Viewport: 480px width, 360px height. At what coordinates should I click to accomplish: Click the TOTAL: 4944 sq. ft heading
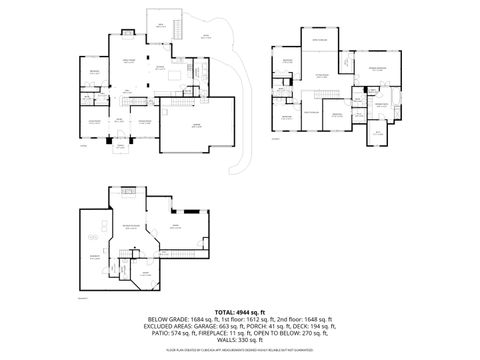pyautogui.click(x=241, y=313)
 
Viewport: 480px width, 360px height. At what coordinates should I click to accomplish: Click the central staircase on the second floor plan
pyautogui.click(x=325, y=95)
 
